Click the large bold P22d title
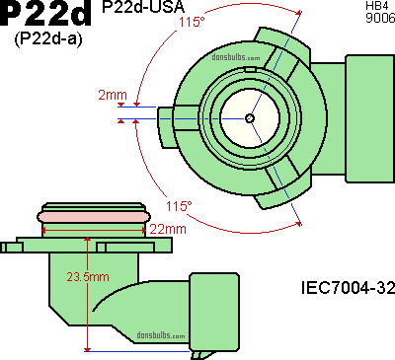(x=46, y=13)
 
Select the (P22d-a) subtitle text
(x=48, y=39)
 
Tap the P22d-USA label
(x=143, y=7)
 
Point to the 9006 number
(x=380, y=18)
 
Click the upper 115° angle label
(x=192, y=22)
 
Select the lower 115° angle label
(x=179, y=206)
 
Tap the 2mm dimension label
(x=113, y=95)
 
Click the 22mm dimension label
(x=168, y=229)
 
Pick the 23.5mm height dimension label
(x=88, y=277)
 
